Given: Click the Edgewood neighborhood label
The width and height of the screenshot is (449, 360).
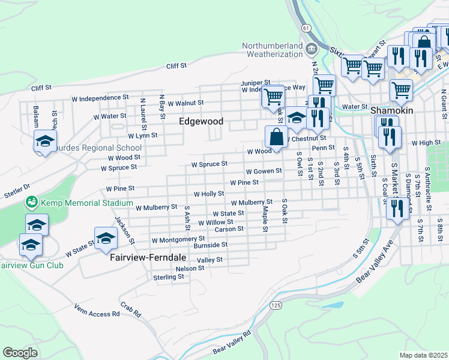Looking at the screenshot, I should (201, 121).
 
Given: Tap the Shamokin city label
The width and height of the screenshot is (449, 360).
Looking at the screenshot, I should (392, 111).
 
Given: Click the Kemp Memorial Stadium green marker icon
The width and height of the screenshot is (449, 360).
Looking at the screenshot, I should (31, 203).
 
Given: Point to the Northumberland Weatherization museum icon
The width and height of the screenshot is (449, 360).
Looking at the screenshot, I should (311, 49).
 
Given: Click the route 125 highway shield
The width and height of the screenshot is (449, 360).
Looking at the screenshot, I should (276, 305).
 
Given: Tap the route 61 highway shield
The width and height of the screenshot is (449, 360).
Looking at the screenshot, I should (306, 28).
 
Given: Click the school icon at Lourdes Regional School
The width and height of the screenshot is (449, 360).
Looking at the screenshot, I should (45, 142).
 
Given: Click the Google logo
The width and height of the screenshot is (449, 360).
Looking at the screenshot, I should (20, 352).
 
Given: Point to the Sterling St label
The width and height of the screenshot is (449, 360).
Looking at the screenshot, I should (168, 277).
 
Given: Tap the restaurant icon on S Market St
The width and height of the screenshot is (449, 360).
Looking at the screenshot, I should (396, 208).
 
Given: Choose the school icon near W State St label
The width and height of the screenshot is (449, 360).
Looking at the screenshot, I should (106, 237).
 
